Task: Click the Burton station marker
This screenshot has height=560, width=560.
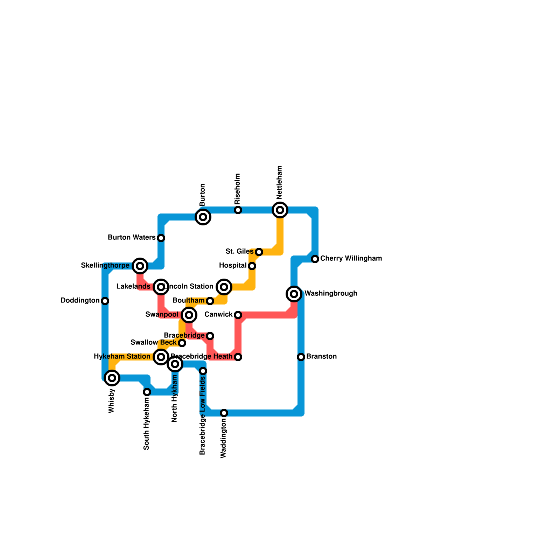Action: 203,217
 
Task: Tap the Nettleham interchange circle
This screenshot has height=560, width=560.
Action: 280,210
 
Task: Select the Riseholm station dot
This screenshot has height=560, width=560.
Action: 238,210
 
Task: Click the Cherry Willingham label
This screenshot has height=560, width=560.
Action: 351,259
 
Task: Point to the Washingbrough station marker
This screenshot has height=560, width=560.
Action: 294,294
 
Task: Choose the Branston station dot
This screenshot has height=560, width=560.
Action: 301,357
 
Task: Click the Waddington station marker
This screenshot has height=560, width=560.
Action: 224,413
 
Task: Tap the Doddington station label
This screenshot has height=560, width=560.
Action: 80,301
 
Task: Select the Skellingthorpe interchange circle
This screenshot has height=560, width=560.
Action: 140,266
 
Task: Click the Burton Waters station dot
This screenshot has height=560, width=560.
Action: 161,238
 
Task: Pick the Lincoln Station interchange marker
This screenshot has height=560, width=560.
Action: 224,287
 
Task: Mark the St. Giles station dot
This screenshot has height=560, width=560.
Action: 259,252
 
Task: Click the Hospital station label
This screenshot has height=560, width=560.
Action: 233,266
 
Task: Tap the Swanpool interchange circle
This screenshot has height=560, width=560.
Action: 189,315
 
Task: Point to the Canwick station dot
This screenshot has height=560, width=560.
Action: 238,315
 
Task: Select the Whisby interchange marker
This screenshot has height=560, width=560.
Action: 112,378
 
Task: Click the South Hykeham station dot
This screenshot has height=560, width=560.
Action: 147,392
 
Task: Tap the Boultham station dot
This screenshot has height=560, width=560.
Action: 210,301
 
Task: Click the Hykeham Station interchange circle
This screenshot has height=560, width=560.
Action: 161,357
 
